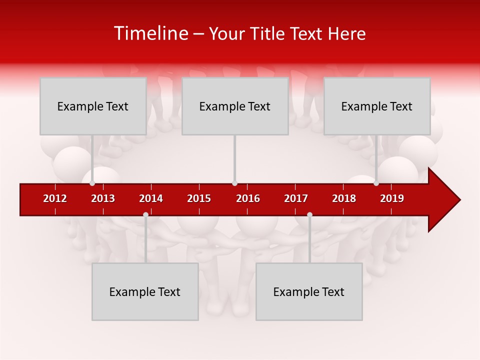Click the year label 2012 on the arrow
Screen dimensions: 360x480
(x=55, y=198)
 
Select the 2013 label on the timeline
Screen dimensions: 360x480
(x=103, y=198)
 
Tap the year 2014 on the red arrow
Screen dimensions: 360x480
(x=151, y=198)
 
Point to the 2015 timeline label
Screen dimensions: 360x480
(x=199, y=198)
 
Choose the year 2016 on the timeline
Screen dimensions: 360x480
(x=248, y=198)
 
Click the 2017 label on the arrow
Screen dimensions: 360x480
(x=296, y=198)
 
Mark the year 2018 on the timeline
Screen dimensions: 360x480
(x=344, y=198)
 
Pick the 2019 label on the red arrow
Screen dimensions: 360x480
(x=392, y=198)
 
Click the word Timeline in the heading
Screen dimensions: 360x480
(x=150, y=33)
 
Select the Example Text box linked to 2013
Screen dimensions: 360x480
(x=93, y=106)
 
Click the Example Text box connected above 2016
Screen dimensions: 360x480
(x=235, y=106)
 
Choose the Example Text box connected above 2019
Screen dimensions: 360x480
(x=377, y=106)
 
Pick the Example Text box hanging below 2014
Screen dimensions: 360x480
(x=145, y=291)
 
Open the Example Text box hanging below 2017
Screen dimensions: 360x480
(x=309, y=291)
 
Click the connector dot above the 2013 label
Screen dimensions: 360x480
(x=92, y=183)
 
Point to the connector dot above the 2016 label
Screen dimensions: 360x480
(x=234, y=183)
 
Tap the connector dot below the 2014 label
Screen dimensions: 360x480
(x=145, y=214)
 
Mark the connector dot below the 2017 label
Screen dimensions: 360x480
(x=309, y=214)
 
